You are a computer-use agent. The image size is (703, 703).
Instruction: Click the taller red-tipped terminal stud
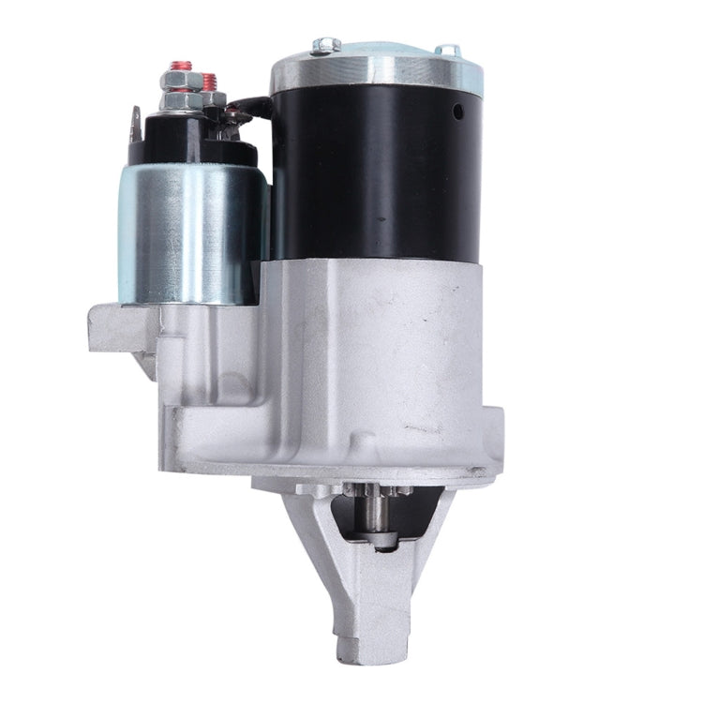[180, 68]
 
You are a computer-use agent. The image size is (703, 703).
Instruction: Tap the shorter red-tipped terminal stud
[209, 81]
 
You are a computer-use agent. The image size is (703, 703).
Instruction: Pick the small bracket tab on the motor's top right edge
[448, 49]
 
